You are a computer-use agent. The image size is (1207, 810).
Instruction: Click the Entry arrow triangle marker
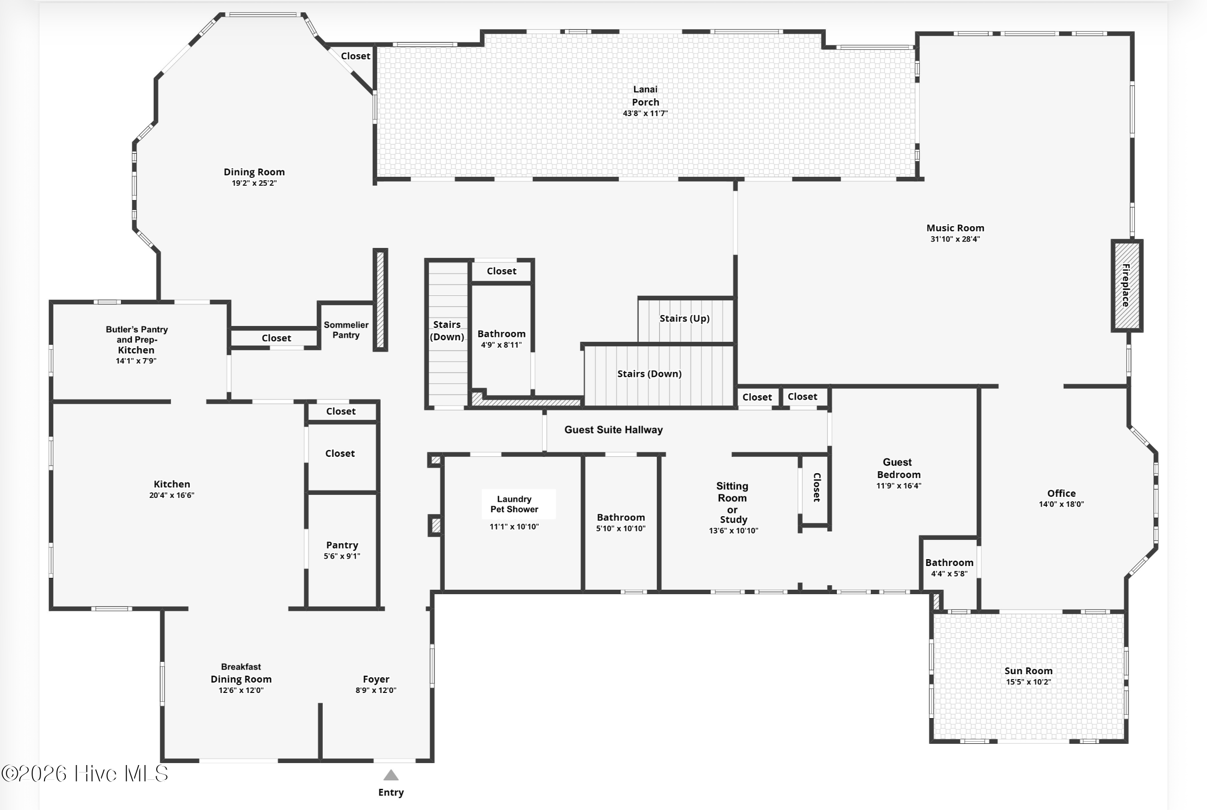391,775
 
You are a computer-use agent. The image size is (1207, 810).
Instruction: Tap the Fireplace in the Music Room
1127,285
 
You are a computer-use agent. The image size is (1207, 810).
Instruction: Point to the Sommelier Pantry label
346,329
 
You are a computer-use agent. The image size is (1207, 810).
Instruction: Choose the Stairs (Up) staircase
686,320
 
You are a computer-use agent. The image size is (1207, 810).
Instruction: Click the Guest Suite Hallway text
613,429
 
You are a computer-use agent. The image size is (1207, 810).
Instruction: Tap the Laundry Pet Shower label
515,504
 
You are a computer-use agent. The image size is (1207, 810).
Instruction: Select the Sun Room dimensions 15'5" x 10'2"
1028,682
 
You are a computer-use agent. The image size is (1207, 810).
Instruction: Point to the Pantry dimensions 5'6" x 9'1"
342,556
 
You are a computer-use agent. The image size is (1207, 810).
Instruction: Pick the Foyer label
376,679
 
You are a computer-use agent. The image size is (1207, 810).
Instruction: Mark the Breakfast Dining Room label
241,673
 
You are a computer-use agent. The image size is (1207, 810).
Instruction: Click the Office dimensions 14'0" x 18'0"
1061,504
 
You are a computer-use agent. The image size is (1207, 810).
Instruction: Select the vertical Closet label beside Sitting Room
817,487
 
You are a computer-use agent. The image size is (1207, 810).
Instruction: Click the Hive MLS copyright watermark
85,773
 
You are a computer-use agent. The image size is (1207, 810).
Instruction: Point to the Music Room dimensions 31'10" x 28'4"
955,239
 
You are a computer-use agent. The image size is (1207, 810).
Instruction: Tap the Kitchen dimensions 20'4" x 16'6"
172,495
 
